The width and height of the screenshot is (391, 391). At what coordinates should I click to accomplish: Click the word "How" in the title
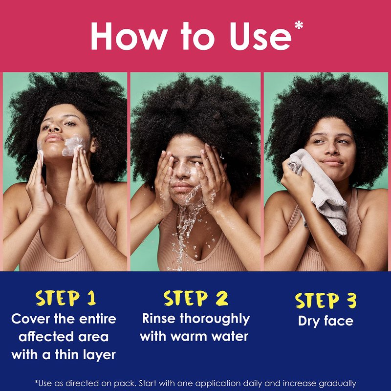click(129, 36)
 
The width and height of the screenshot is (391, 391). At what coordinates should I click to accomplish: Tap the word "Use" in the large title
click(261, 36)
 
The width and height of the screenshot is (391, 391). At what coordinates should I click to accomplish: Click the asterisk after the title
click(299, 25)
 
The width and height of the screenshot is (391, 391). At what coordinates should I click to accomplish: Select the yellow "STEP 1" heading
click(66, 298)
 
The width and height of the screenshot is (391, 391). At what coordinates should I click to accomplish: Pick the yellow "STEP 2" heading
click(196, 298)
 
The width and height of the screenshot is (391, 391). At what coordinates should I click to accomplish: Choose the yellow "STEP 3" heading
click(326, 300)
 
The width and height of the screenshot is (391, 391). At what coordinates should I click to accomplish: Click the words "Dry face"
click(326, 321)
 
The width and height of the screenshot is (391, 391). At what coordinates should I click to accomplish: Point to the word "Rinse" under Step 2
click(158, 319)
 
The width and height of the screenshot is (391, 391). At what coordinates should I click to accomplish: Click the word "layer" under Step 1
click(100, 355)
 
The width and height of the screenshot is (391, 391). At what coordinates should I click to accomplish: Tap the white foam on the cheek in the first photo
click(72, 145)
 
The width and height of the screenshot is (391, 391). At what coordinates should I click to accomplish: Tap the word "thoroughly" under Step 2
click(215, 319)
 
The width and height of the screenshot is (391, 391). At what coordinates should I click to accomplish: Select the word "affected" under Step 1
click(46, 337)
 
